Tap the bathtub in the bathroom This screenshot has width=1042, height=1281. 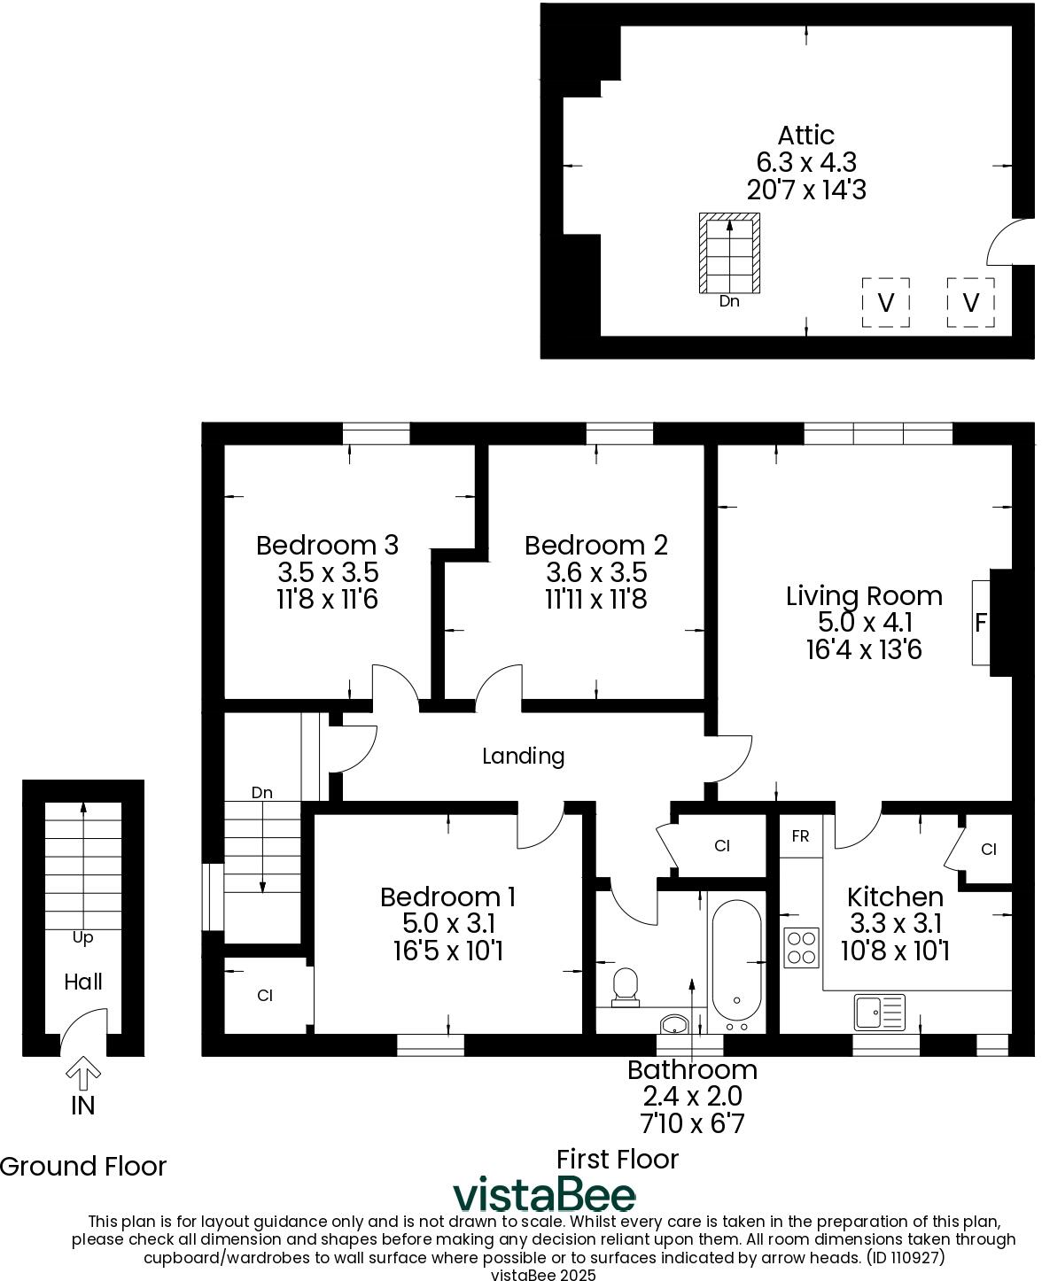coord(736,960)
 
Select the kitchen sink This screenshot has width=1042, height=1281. coord(879,1012)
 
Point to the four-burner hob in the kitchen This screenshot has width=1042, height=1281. coord(802,946)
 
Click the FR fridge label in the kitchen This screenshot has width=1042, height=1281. coord(800,836)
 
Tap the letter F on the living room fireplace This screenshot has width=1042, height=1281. coord(980,622)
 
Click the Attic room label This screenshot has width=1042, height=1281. coord(805,136)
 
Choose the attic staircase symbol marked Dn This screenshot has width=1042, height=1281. coord(729,253)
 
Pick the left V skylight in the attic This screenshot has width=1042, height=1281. coord(885,303)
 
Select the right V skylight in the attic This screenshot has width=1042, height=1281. coord(970,303)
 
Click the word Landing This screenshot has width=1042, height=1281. coord(523,756)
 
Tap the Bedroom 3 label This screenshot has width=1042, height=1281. coord(327,545)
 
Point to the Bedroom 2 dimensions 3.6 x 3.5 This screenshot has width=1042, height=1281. coord(595,572)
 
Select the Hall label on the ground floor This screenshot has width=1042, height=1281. coord(83,982)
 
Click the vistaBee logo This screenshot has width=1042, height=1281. coord(545,1195)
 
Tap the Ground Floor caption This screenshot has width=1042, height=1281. coord(83,1166)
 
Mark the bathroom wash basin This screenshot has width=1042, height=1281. coord(675,1024)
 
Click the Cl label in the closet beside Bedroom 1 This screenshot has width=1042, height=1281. coord(264,996)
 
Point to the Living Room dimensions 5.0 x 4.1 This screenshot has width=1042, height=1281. coord(864,623)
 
